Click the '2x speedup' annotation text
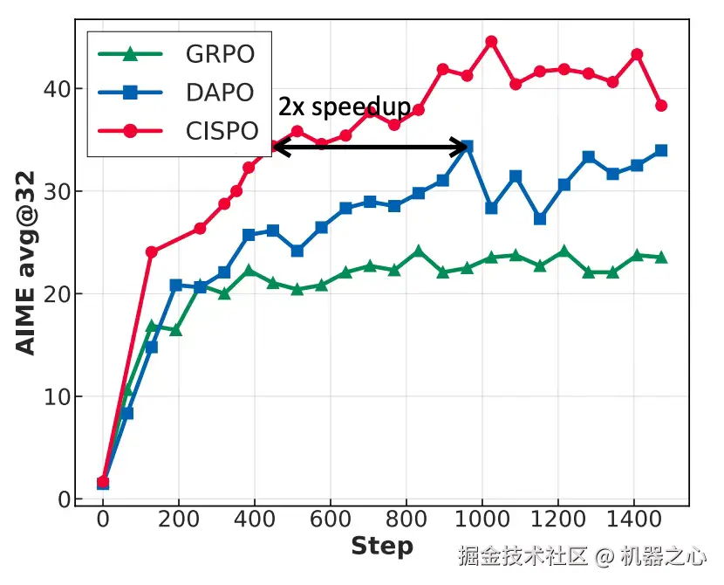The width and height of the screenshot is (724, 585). [x=345, y=107]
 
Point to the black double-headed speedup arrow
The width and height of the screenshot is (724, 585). [x=371, y=147]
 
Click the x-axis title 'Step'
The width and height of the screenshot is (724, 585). [x=381, y=547]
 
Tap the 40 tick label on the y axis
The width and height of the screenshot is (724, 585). [x=58, y=89]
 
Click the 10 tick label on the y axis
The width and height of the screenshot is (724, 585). [x=58, y=396]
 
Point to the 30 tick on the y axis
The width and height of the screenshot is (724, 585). [x=58, y=191]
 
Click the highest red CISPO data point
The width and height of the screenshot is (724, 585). [x=491, y=41]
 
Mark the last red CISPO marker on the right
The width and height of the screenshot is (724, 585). [x=660, y=106]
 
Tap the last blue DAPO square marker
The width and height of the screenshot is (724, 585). [x=660, y=150]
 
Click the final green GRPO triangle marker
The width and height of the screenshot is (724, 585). [x=660, y=258]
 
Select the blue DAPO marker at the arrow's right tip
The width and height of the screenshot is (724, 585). [x=467, y=147]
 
